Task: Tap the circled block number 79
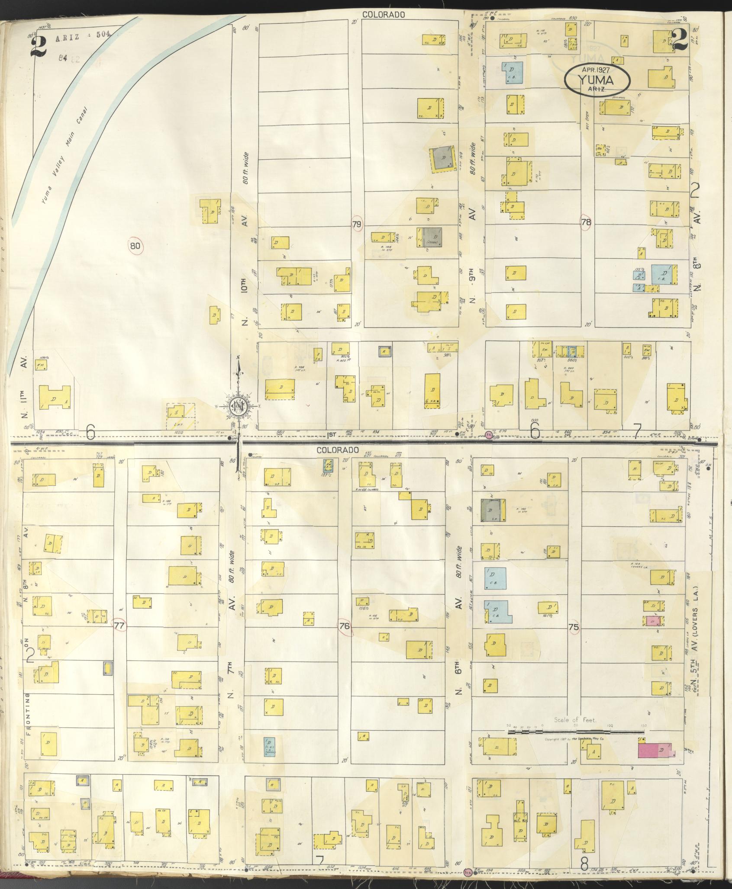coord(357,224)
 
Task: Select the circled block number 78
coord(587,221)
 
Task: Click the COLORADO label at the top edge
coord(384,14)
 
